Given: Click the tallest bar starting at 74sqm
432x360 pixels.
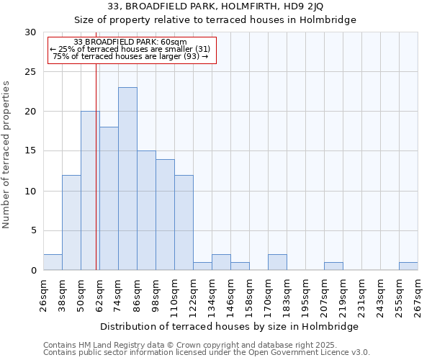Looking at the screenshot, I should coord(127,179).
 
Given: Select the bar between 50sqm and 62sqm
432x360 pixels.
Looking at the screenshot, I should coord(90,191).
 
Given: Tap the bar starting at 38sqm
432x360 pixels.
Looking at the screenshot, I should coord(71,222).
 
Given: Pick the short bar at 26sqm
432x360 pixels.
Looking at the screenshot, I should coord(53,262).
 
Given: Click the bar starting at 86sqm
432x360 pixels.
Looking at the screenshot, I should coord(146,210).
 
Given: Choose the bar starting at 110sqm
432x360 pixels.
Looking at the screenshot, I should coord(184,222).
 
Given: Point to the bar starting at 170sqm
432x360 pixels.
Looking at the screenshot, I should coord(277,262).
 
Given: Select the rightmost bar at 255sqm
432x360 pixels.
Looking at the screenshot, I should coord(408,266).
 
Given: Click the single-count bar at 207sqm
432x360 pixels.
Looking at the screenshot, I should coord(333,266).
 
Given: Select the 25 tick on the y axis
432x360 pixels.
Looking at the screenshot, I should coord(31,72).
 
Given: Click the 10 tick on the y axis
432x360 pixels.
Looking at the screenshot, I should coord(31,191).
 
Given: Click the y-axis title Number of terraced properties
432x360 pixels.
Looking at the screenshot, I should coord(7,155).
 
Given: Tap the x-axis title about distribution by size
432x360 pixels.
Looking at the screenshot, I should coord(229,326).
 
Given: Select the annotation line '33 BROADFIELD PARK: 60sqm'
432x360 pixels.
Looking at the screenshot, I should coord(130,42).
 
